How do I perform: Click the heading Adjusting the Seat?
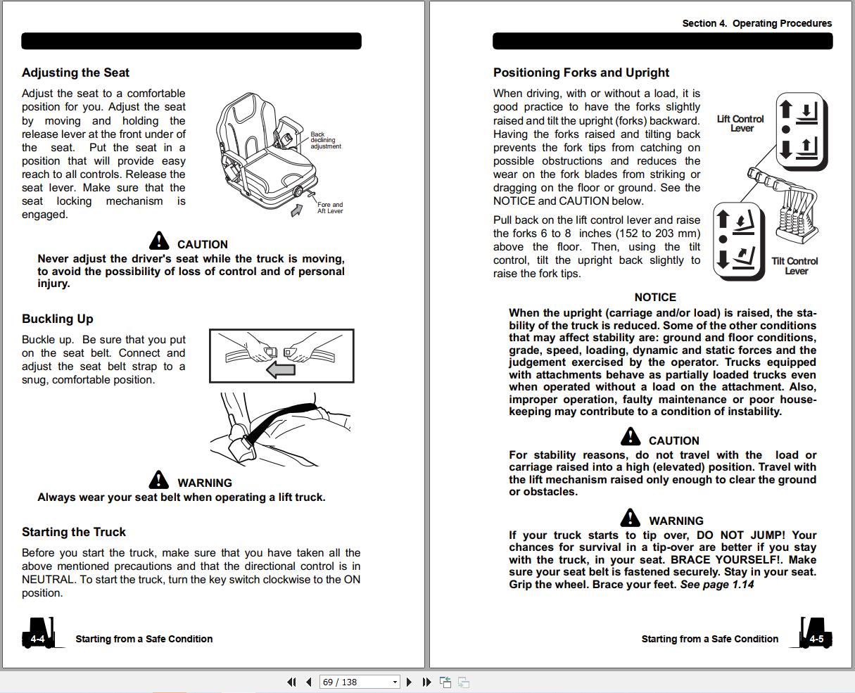(75, 72)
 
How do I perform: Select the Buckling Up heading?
(57, 319)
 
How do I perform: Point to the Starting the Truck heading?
(74, 532)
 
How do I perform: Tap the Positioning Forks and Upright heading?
(581, 72)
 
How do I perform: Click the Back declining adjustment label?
(325, 140)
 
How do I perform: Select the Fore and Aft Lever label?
(329, 208)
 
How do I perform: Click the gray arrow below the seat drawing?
(298, 210)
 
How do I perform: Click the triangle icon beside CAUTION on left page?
(160, 241)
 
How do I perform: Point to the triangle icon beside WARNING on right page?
(631, 519)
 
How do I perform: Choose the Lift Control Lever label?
(740, 124)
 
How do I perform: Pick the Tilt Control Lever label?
(794, 266)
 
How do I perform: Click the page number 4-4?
(37, 639)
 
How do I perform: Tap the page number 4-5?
(816, 639)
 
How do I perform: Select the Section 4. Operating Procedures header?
(756, 23)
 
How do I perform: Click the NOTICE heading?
(654, 298)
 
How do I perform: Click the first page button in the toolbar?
(291, 682)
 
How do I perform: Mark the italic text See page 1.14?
(716, 584)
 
